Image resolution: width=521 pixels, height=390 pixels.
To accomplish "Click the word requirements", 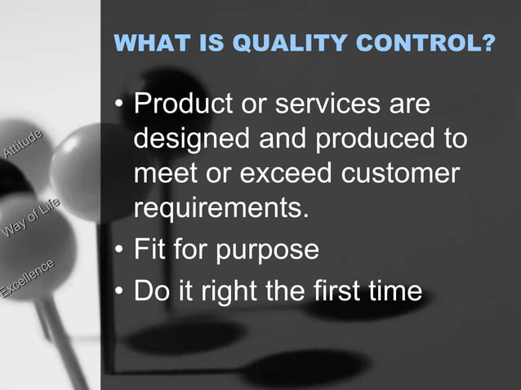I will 221,207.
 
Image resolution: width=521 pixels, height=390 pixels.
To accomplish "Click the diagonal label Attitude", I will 23,144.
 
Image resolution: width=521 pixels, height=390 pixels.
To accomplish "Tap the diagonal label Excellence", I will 28,277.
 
